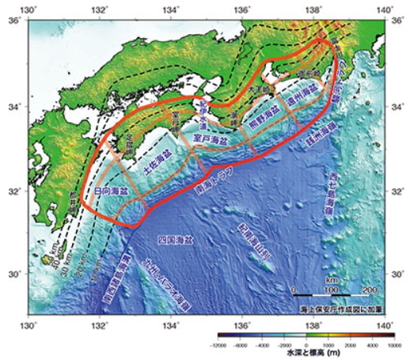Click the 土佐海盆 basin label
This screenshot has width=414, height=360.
coord(156,165)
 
